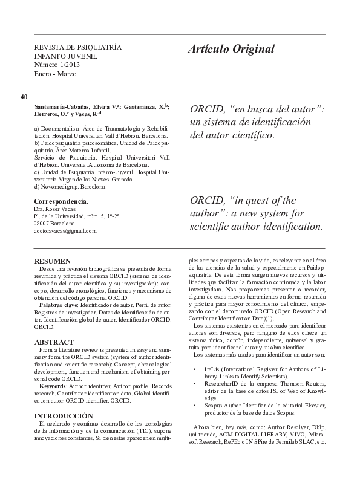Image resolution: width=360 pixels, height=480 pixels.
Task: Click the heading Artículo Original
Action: (x=231, y=49)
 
